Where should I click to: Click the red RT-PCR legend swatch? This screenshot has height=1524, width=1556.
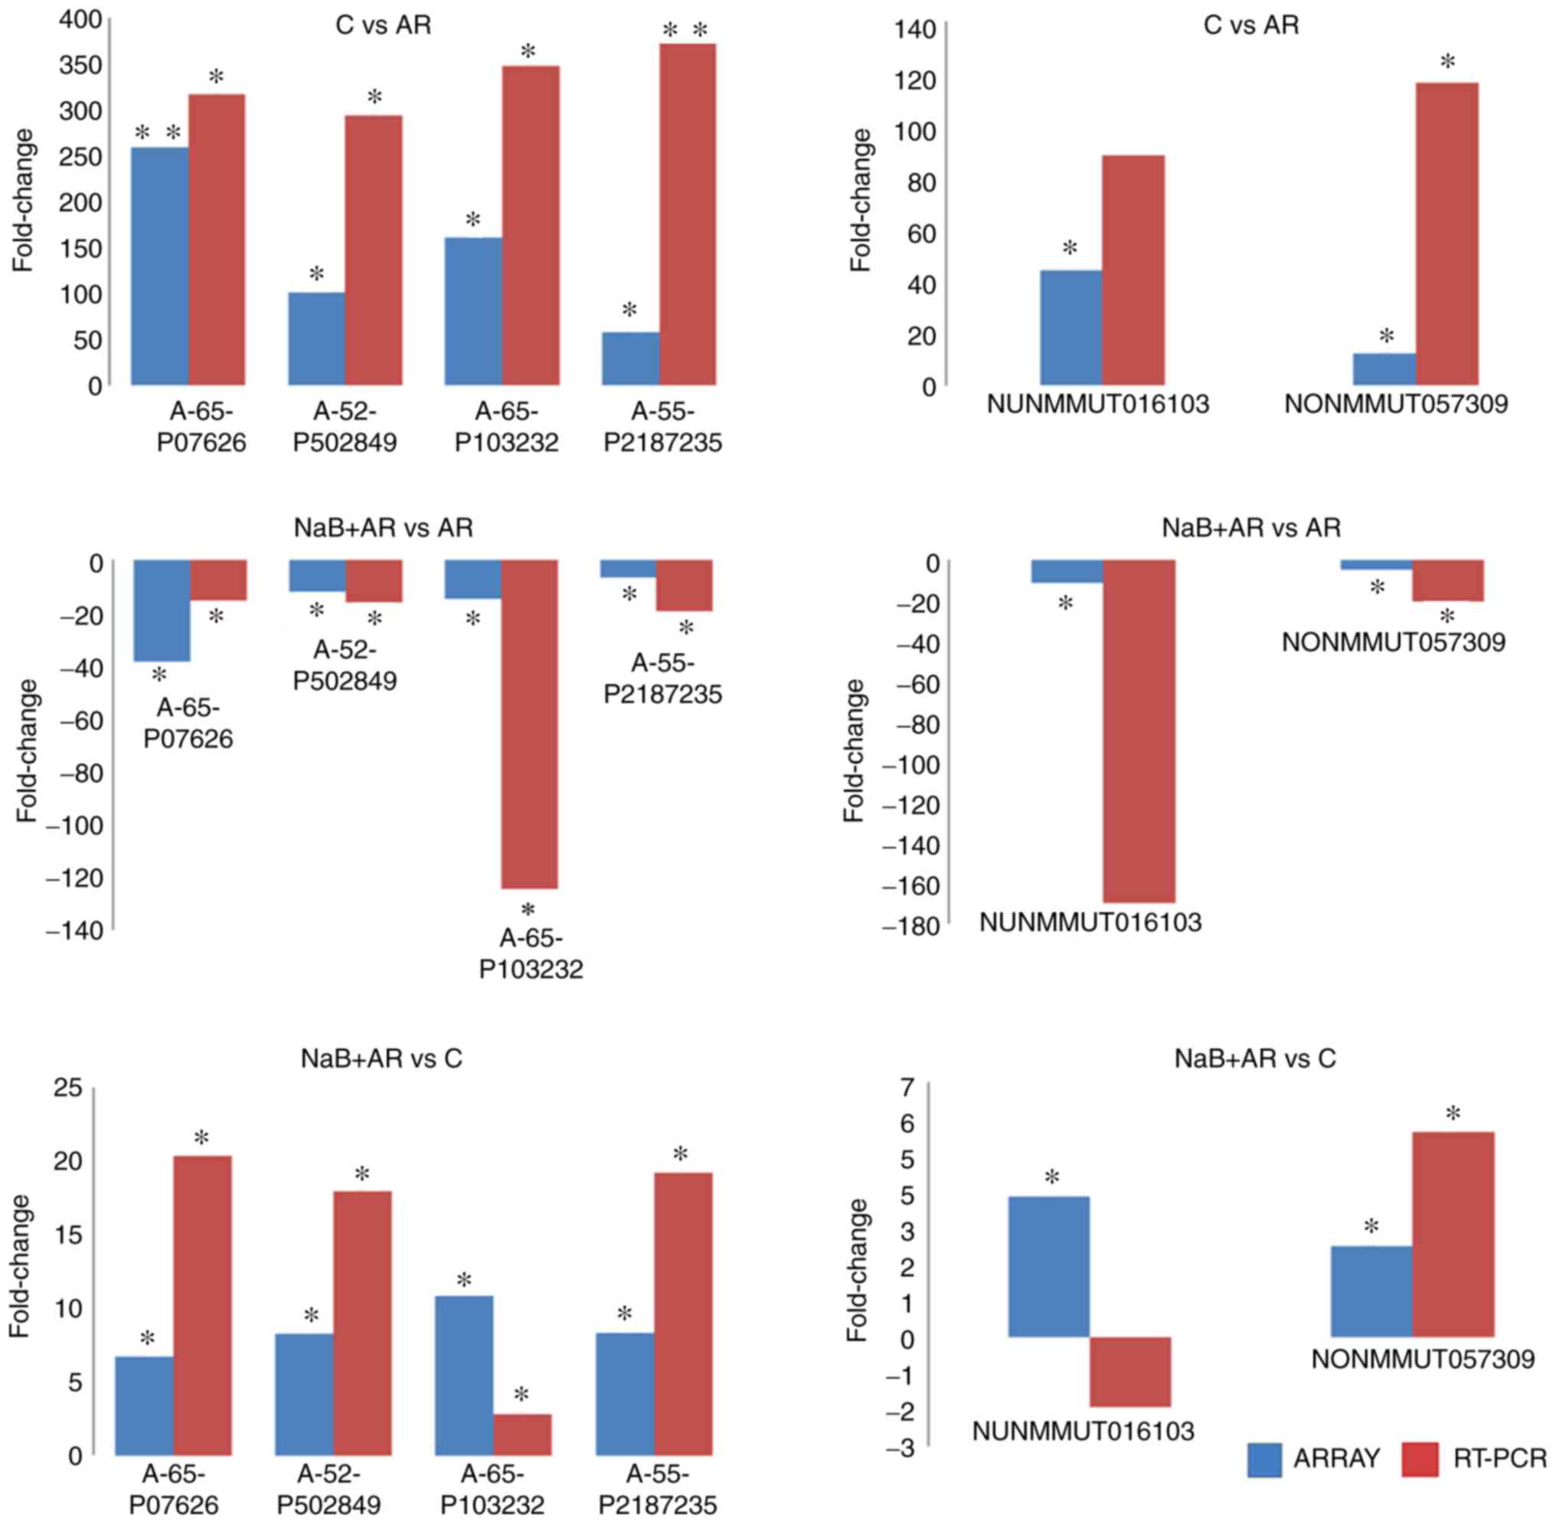click(1420, 1459)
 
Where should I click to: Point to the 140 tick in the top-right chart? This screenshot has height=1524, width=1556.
click(916, 30)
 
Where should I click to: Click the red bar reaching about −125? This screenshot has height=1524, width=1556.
click(529, 724)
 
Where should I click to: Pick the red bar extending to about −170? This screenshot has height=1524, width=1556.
click(1139, 731)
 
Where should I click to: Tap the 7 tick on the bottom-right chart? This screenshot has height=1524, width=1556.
click(907, 1087)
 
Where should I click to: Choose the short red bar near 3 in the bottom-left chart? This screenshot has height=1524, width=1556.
click(522, 1436)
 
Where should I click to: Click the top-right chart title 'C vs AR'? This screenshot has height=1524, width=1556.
click(1250, 25)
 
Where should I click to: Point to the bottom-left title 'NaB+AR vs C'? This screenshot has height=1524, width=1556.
click(381, 1059)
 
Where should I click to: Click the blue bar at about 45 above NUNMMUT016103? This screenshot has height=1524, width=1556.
click(1071, 327)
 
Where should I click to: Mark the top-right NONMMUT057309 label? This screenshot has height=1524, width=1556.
click(1396, 404)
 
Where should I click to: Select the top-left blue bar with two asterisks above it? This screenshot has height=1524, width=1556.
click(159, 266)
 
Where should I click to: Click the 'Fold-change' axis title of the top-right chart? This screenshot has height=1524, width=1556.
click(861, 200)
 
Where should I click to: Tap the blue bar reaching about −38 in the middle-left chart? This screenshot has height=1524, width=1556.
click(162, 610)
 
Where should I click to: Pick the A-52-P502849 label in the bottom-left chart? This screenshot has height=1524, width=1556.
click(333, 1488)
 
